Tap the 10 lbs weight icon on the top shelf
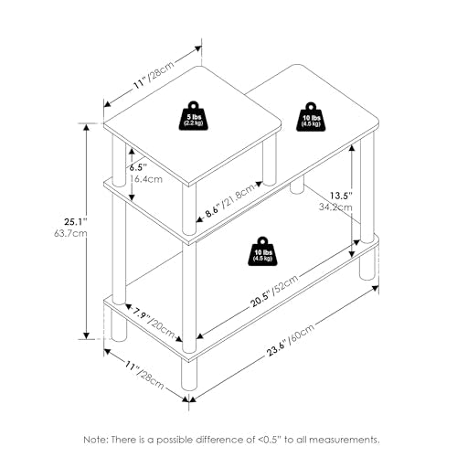311,117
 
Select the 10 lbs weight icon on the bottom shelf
262,251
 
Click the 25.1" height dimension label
76,221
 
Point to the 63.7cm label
70,234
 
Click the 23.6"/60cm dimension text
291,340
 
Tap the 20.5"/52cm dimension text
274,291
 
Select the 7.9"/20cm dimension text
154,323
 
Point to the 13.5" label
342,196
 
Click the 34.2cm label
335,207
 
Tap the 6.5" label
138,167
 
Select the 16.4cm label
145,179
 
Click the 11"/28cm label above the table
154,75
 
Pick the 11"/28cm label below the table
144,375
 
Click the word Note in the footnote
95,440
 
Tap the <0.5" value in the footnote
271,440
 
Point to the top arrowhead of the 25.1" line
87,128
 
